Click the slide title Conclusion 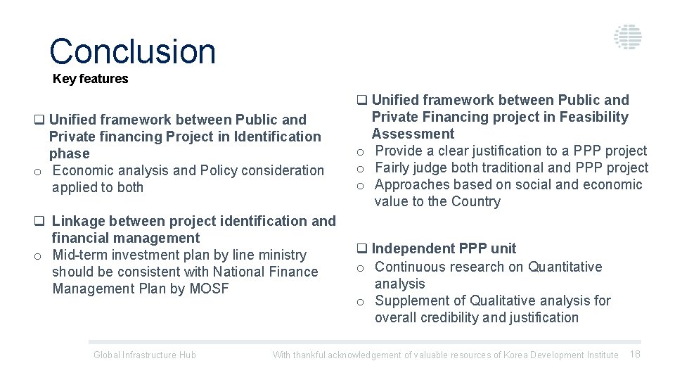tap(132, 51)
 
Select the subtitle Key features tap(91, 79)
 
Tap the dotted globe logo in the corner tap(627, 37)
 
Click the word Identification tap(278, 137)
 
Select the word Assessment tap(413, 134)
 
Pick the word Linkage tap(79, 221)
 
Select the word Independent tap(413, 248)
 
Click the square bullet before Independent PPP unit tap(361, 249)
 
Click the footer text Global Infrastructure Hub tap(145, 355)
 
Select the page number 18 tap(635, 354)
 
